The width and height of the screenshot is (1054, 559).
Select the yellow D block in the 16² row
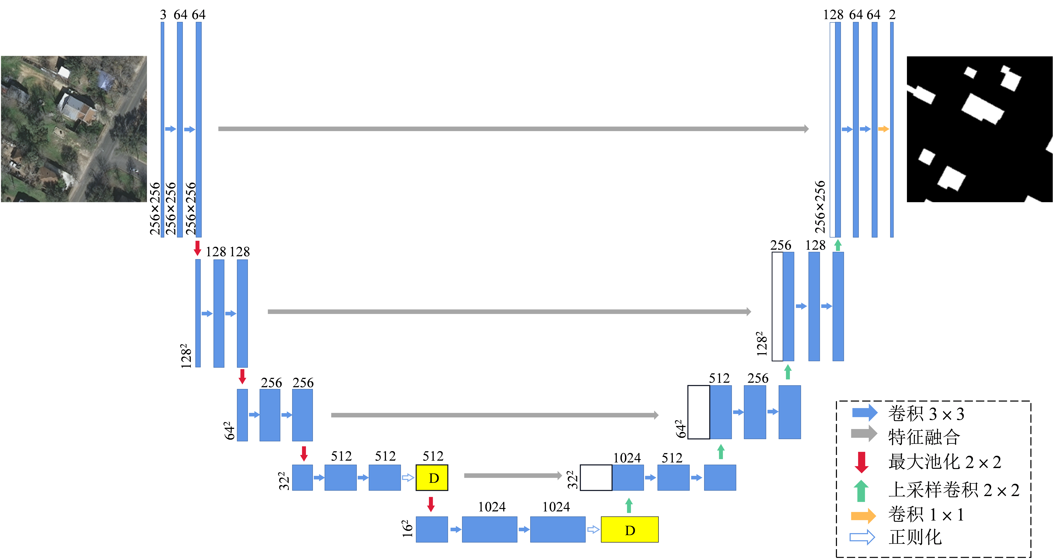630,530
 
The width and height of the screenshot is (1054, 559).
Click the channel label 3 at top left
163,15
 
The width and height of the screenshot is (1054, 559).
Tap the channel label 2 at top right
892,15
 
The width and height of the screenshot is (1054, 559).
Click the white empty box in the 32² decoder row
596,478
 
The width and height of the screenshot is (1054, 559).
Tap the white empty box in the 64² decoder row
699,412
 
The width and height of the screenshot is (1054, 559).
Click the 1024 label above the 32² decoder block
627,458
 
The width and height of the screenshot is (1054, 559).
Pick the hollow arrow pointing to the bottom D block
593,530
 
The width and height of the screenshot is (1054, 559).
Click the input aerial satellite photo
74,129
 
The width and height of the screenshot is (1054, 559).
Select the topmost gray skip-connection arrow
514,129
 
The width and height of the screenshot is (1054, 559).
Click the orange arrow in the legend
863,516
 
